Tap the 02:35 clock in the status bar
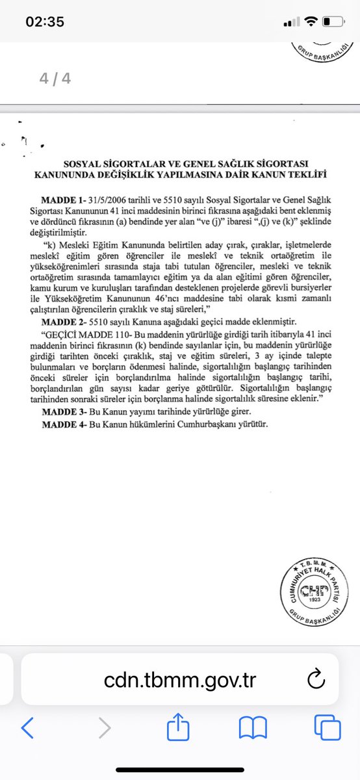pyautogui.click(x=45, y=21)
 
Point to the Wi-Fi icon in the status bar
pyautogui.click(x=311, y=22)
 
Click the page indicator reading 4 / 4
pyautogui.click(x=55, y=79)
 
